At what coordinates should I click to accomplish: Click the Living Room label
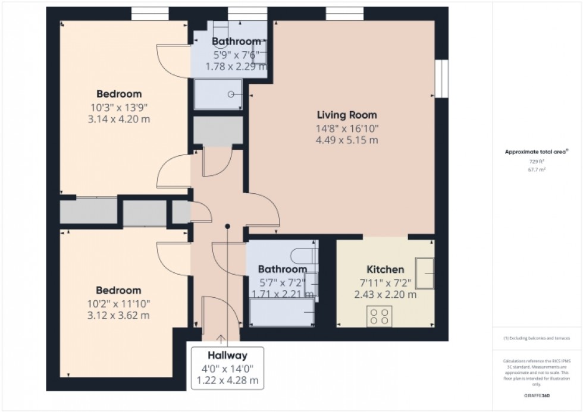346,115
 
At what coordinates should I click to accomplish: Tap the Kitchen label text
385,269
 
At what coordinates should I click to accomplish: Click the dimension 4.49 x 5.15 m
346,140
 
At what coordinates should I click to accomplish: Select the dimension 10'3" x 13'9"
119,107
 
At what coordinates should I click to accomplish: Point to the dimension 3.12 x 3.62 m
119,315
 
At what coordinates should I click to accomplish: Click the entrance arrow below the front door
221,339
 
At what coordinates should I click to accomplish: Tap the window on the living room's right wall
441,78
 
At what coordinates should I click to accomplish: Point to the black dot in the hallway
227,226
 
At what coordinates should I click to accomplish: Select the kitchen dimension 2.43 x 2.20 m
385,294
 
